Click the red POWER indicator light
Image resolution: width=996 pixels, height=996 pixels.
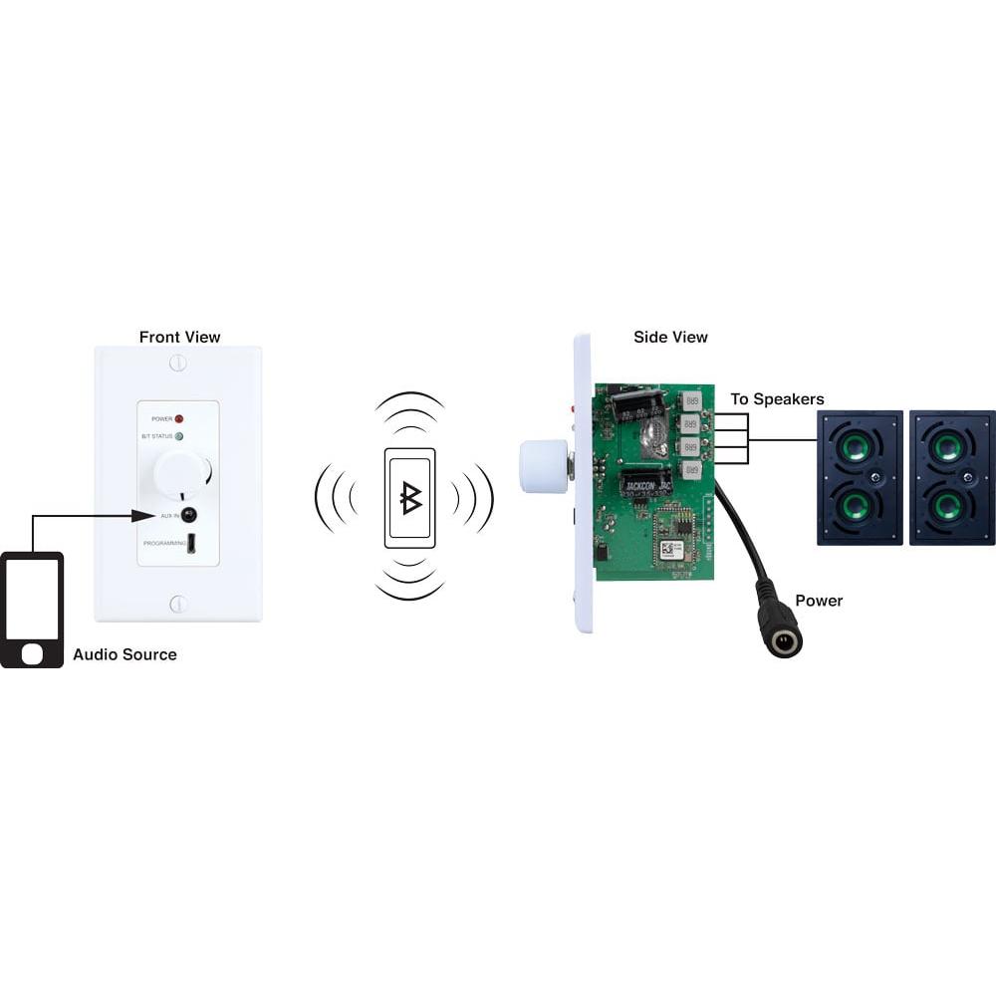179,418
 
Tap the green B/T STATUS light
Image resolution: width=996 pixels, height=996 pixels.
179,436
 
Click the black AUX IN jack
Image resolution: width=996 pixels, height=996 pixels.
188,515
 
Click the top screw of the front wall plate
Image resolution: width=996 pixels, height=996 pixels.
178,363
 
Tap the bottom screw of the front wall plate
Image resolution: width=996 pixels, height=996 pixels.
178,604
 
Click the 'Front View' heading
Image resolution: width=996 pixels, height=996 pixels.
179,338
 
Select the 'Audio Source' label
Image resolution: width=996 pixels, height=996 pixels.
124,654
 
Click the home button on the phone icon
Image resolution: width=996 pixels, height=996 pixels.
32,653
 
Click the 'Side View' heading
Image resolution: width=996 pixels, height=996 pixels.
670,337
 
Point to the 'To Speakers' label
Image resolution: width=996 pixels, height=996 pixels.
777,399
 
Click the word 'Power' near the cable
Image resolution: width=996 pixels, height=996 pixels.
819,601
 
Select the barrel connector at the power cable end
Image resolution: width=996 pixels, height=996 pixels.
781,638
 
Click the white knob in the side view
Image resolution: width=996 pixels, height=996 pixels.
542,466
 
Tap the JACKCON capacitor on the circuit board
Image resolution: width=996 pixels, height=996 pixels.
646,482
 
